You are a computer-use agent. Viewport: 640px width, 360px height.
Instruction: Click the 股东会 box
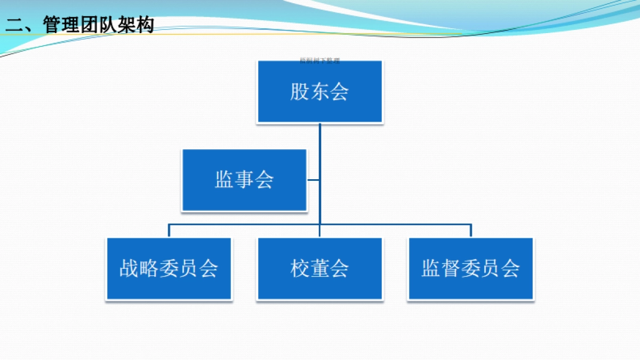[x=320, y=92]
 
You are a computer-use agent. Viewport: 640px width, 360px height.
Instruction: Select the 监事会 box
[x=244, y=180]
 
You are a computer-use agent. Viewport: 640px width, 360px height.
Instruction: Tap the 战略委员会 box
[x=169, y=268]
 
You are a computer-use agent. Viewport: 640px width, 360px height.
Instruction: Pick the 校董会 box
[x=320, y=268]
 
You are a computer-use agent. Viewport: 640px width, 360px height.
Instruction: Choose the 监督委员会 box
[x=470, y=268]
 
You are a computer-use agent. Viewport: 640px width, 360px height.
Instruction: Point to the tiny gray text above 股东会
[x=320, y=61]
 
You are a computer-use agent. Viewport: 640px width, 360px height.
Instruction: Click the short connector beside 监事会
[x=314, y=180]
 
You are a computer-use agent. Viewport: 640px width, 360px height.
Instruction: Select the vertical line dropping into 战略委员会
[x=169, y=230]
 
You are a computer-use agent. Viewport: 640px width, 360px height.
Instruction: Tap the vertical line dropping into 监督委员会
[x=470, y=230]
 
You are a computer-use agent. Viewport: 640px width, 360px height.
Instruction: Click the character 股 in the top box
[x=300, y=92]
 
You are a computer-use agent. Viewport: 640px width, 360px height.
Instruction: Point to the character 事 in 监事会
[x=244, y=180]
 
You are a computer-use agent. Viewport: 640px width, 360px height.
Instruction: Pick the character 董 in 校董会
[x=320, y=268]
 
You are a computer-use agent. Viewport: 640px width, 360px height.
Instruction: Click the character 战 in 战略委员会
[x=129, y=268]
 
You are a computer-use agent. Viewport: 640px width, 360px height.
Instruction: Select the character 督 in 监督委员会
[x=451, y=268]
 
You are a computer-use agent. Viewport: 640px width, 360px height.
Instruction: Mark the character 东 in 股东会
[x=320, y=92]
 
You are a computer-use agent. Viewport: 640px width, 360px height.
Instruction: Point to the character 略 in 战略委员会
[x=149, y=268]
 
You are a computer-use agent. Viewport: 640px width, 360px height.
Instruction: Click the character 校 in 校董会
[x=300, y=268]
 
